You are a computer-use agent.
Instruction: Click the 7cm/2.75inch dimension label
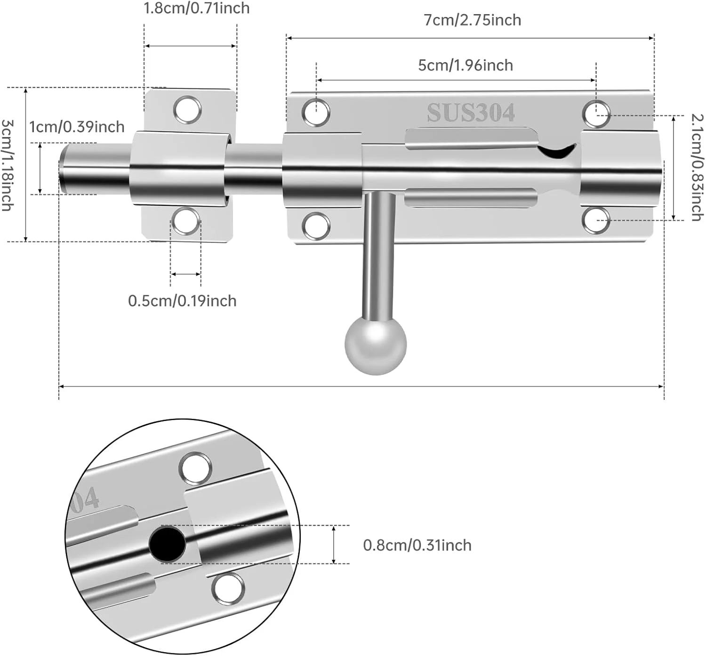point(472,20)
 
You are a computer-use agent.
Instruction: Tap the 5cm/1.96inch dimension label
point(465,65)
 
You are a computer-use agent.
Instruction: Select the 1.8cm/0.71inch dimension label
point(196,8)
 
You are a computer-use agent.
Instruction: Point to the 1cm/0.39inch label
point(77,127)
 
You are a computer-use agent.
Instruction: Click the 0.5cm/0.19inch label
point(182,300)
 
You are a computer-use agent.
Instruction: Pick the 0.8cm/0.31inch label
point(417,545)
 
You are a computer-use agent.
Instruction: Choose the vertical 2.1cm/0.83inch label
point(697,167)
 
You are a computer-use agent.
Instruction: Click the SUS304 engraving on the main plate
point(471,113)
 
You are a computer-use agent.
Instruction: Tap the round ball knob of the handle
point(375,345)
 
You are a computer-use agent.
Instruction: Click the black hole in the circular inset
point(167,544)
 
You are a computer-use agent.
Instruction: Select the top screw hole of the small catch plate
point(187,109)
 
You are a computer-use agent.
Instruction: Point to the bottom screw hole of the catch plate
point(185,221)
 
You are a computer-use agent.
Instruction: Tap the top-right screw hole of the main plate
point(596,113)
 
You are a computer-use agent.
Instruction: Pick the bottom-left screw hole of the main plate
point(316,226)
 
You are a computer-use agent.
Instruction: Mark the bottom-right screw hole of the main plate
point(596,220)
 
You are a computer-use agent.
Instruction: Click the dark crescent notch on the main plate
point(557,150)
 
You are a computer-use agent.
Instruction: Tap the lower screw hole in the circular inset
point(228,589)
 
